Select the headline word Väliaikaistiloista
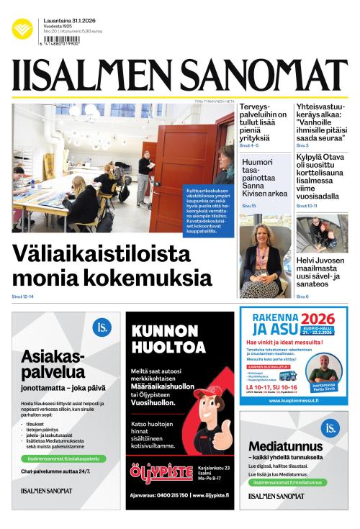(102, 255)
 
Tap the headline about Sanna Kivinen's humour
(264, 178)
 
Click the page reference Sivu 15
(249, 206)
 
